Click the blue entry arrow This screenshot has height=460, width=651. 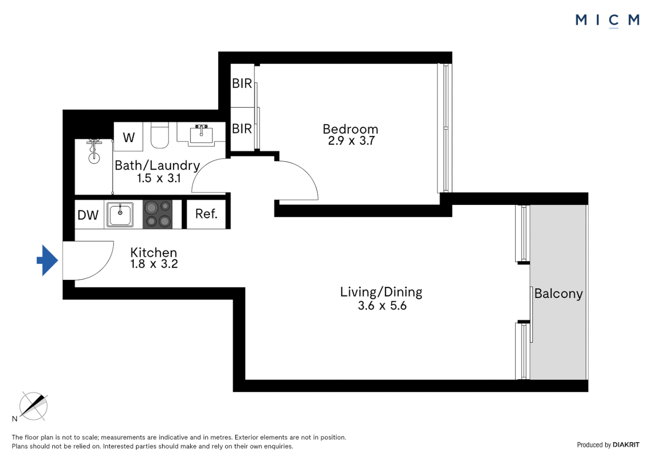click(47, 260)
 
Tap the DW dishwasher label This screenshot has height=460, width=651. click(88, 215)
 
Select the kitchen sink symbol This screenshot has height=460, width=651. click(120, 214)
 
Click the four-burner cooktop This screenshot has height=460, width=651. click(158, 214)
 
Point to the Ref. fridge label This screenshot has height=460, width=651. click(206, 214)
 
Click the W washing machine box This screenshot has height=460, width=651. click(129, 137)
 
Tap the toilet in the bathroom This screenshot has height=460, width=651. click(160, 135)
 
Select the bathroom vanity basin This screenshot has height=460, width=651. click(201, 135)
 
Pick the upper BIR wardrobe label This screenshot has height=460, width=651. click(242, 83)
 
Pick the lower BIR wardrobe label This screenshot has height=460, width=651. click(242, 129)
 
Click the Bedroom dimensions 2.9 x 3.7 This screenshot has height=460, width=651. click(351, 141)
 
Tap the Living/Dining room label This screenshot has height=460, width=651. click(381, 292)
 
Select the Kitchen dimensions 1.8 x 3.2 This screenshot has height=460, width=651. click(154, 264)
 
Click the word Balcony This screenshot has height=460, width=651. click(558, 293)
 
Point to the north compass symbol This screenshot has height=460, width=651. click(33, 406)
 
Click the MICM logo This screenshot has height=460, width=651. click(607, 20)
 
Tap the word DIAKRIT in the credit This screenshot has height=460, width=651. click(626, 445)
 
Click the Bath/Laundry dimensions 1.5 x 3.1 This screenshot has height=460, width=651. click(158, 178)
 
